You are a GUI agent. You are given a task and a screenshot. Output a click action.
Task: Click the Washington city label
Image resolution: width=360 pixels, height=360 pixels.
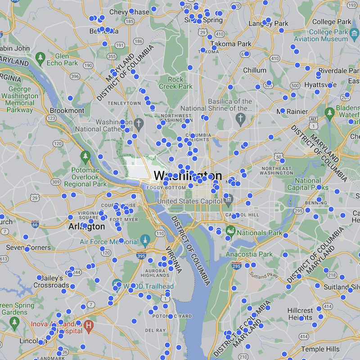[188, 176]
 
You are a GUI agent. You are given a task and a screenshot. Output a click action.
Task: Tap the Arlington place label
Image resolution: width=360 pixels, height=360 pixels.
[86, 227]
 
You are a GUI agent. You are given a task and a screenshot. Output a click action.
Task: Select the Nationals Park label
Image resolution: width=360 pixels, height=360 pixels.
[260, 233]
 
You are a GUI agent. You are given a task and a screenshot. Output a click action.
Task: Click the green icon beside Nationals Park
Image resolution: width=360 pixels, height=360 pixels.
[231, 231]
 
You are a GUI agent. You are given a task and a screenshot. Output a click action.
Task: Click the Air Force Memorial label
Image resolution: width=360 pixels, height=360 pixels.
[109, 242]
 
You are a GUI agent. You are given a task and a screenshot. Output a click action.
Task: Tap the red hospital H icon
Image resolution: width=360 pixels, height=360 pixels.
[89, 324]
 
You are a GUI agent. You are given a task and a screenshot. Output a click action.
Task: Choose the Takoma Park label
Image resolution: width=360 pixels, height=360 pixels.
[232, 44]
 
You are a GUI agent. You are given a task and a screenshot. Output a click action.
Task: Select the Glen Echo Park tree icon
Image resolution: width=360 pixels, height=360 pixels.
[40, 58]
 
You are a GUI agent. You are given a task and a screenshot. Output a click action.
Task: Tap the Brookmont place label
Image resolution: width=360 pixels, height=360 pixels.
[67, 110]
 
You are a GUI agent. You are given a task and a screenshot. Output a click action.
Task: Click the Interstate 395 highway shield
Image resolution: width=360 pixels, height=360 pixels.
[141, 256]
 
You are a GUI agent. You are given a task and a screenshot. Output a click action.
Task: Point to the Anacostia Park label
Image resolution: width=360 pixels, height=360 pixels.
[249, 254]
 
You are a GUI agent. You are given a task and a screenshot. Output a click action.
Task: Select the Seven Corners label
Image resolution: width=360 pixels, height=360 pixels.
[24, 248]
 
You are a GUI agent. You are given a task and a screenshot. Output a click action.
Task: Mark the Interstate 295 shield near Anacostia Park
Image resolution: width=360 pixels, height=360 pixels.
[237, 266]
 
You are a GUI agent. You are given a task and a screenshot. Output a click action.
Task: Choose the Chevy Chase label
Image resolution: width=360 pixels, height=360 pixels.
[129, 12]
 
